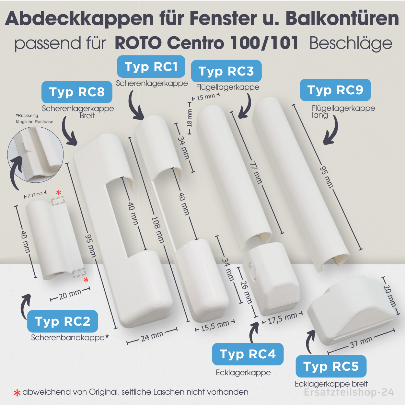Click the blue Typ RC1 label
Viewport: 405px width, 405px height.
[151, 67]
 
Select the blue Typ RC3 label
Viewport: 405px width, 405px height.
[226, 71]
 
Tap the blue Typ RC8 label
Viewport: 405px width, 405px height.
[77, 92]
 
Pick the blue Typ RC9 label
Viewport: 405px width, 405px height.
[335, 90]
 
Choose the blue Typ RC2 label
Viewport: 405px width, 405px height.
[63, 321]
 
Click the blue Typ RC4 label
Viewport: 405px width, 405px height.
[248, 354]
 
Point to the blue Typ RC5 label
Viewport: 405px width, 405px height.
[331, 366]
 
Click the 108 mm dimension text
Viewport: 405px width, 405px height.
[158, 230]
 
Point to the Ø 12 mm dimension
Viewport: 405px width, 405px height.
[35, 195]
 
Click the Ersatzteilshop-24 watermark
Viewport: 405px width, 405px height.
[349, 392]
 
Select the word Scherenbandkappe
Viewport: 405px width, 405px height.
[68, 338]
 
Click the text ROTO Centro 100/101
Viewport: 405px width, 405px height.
[206, 43]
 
